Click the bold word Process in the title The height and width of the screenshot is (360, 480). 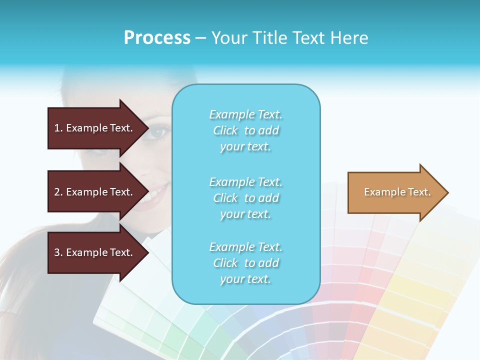(157, 38)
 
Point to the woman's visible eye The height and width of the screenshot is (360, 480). (159, 132)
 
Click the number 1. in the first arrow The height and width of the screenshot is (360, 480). (58, 128)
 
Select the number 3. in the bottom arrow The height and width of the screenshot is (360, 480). (58, 252)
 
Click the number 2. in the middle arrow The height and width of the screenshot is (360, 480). (58, 192)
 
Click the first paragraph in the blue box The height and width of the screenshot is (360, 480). (245, 130)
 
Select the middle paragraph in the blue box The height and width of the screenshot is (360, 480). (245, 198)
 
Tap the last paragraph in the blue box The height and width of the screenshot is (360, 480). (245, 263)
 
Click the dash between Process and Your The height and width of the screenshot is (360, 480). (200, 38)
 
